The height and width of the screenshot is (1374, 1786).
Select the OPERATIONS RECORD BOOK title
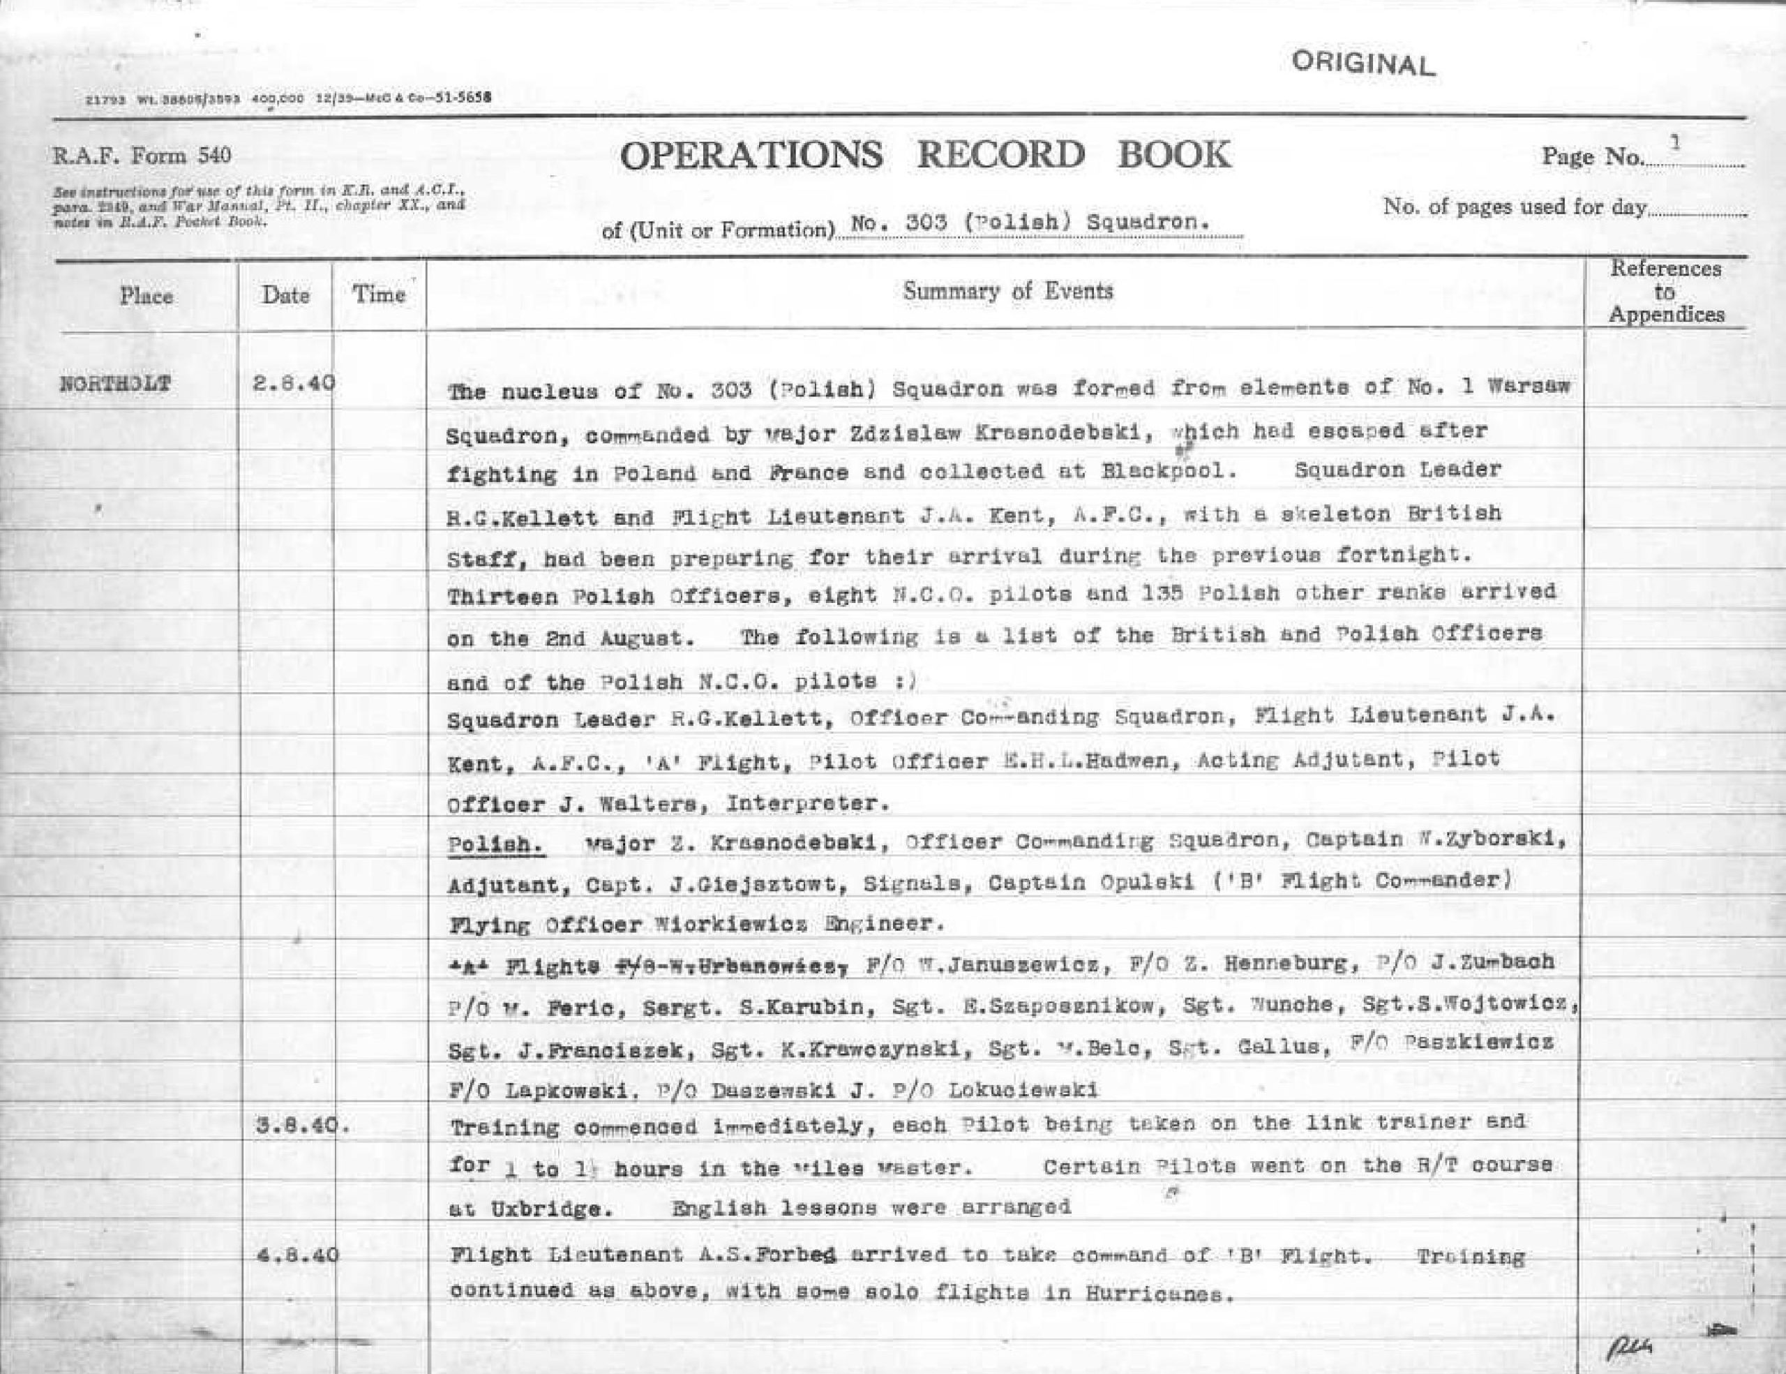(925, 156)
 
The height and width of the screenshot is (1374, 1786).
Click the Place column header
(147, 295)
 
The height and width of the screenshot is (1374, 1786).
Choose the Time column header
(379, 294)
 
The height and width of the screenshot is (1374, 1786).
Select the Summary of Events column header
(1007, 291)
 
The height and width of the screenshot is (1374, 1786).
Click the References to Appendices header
(1666, 291)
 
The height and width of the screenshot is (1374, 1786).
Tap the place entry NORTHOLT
(115, 384)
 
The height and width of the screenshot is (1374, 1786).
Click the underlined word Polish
(497, 845)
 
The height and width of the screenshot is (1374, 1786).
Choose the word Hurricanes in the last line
(1157, 1294)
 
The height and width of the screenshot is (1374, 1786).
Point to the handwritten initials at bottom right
(1628, 1345)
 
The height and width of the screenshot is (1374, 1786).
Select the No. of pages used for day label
(1514, 207)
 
